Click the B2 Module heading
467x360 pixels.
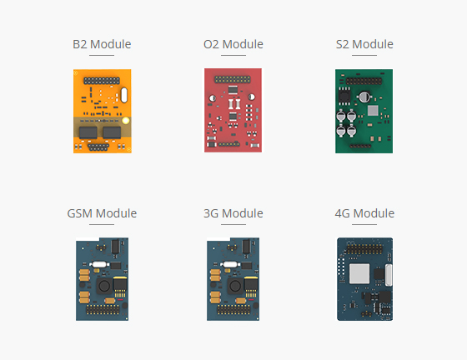coord(102,44)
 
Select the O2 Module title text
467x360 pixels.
coord(233,44)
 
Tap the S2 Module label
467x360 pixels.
coord(364,44)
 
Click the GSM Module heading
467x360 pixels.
coord(102,213)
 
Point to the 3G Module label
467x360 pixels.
coord(233,213)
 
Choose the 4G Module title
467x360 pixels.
coord(364,213)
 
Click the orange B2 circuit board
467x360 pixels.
coord(102,112)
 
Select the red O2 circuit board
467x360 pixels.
coord(233,110)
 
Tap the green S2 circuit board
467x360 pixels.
coord(364,112)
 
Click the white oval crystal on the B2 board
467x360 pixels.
coord(124,95)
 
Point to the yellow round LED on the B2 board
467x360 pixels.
coord(126,121)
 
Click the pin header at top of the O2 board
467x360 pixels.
coord(233,79)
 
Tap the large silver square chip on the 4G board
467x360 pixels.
coord(359,273)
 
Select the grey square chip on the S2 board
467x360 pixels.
coord(373,111)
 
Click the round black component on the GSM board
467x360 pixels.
coord(104,286)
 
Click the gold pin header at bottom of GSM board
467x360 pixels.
coord(103,309)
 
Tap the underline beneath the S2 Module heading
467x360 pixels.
coord(364,55)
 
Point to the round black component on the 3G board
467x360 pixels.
coord(235,286)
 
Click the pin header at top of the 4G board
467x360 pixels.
coord(365,249)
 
